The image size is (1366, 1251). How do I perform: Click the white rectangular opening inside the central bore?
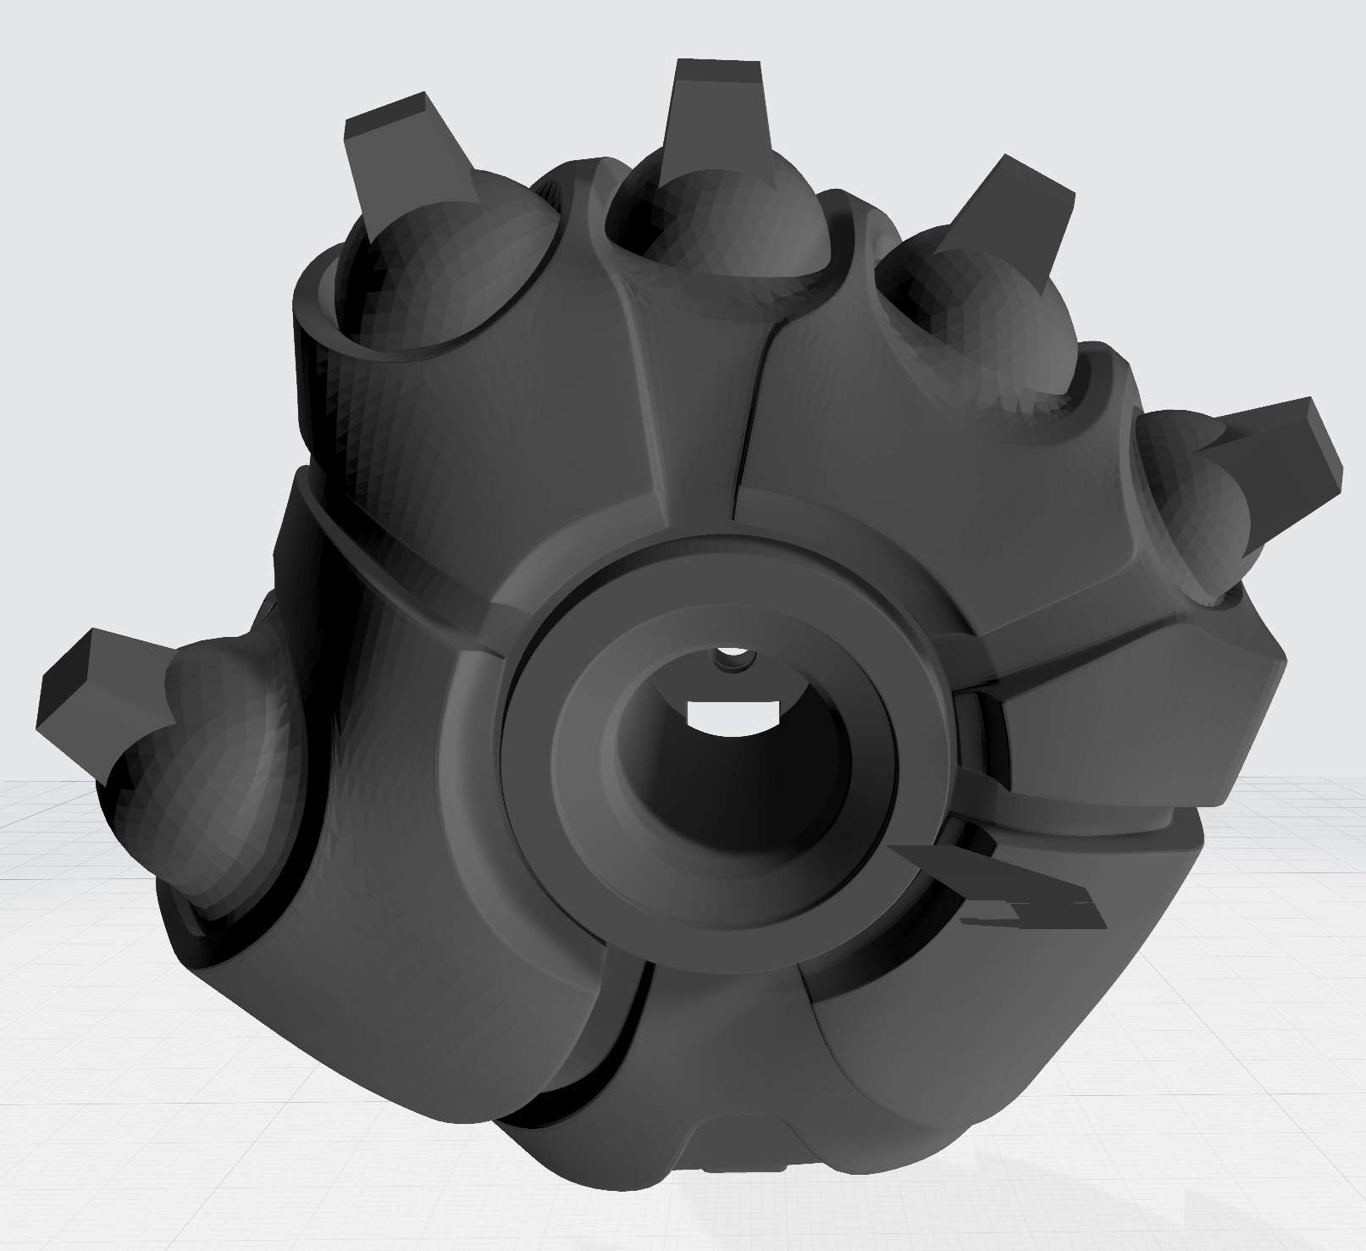pyautogui.click(x=733, y=714)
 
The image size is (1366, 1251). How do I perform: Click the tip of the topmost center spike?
pyautogui.click(x=718, y=72)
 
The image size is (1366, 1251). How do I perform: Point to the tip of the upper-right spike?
pyautogui.click(x=1037, y=182)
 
